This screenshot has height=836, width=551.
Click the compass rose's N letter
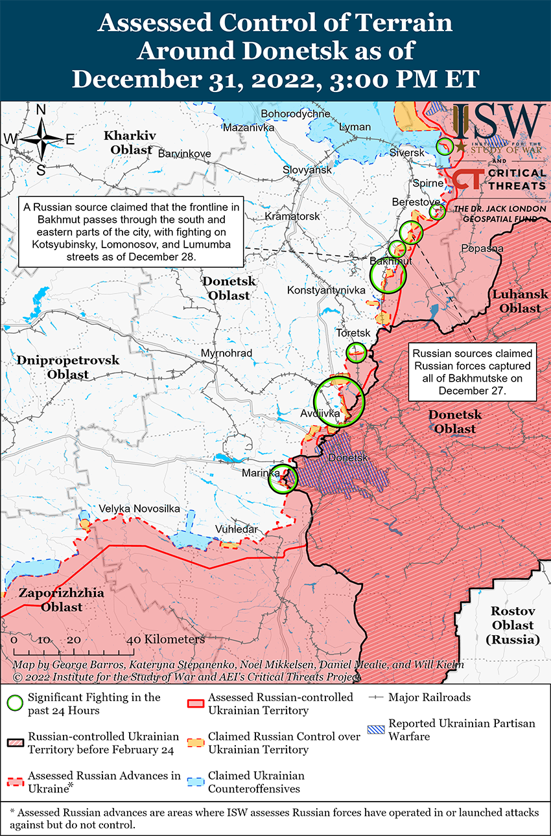[x=40, y=111]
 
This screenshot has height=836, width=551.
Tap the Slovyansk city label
[x=307, y=170]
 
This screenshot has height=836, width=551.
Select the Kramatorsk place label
[x=292, y=216]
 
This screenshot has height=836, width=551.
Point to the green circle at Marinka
[x=283, y=479]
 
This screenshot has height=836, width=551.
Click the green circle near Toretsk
[x=357, y=353]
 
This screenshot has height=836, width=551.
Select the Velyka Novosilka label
[x=139, y=509]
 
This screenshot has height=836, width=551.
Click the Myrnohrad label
[x=226, y=353]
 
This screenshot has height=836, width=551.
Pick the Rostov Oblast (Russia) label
[x=512, y=625]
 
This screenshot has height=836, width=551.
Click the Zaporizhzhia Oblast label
[x=51, y=600]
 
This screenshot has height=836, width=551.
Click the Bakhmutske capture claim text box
[x=472, y=372]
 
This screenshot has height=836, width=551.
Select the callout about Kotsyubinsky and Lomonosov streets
[x=130, y=232]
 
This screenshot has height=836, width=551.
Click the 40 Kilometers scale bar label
[x=168, y=639]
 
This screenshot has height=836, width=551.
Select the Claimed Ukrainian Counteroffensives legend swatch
[x=196, y=782]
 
